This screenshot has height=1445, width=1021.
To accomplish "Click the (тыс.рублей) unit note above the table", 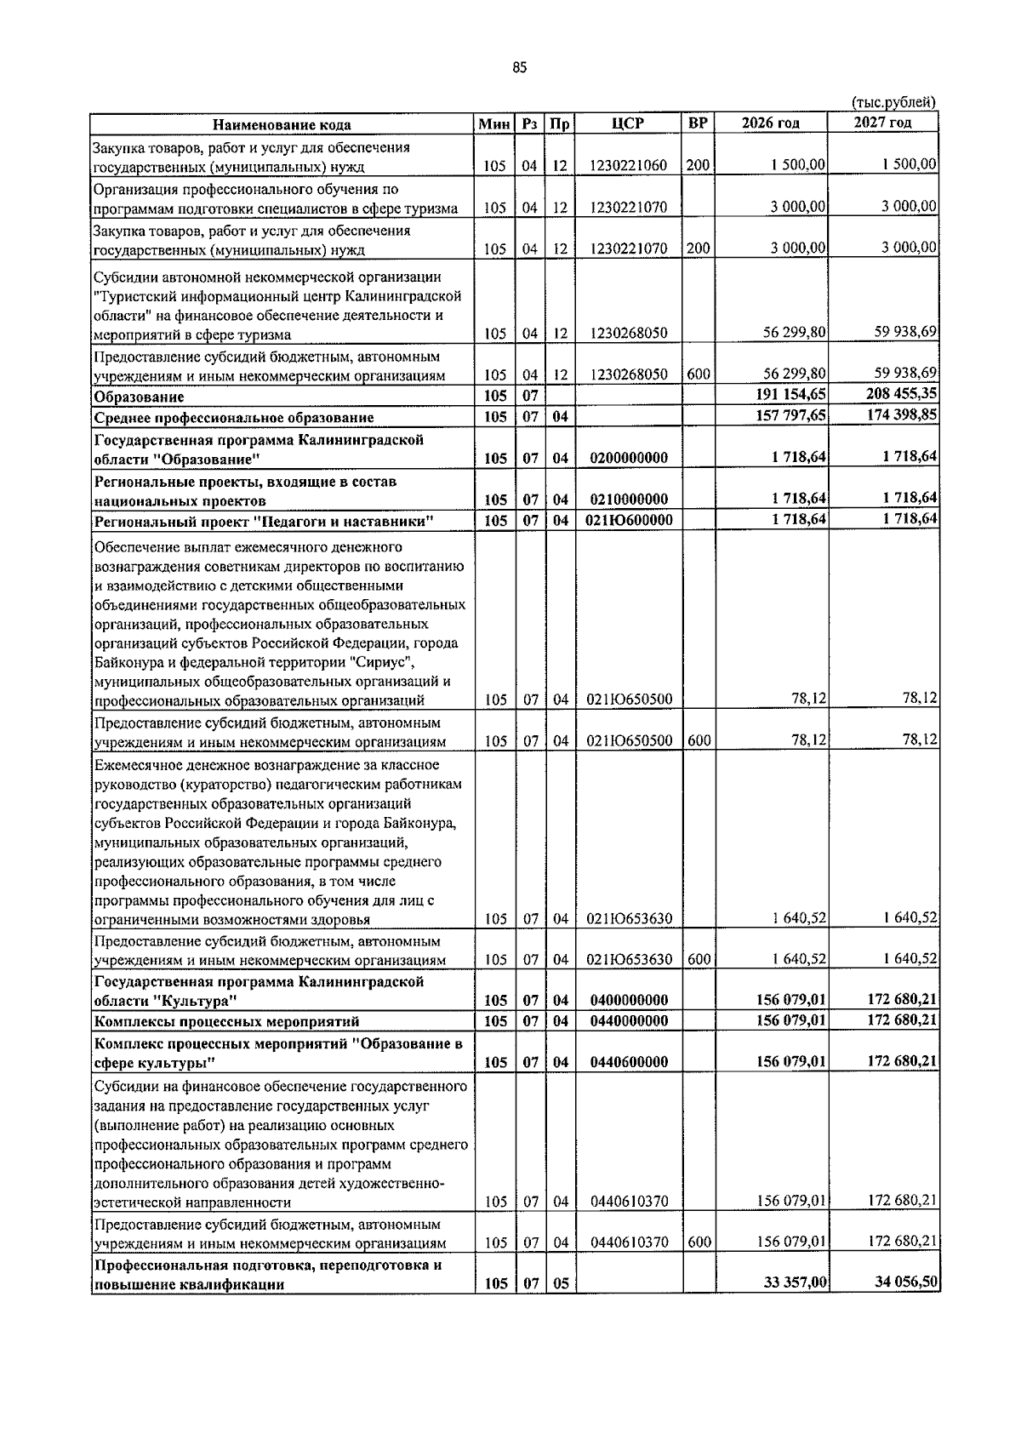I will click(x=893, y=103).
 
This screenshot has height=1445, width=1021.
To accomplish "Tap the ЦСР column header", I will click(x=628, y=123).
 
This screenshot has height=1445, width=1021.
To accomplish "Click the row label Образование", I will click(x=140, y=397).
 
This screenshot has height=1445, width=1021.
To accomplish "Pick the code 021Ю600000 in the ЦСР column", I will click(x=629, y=520).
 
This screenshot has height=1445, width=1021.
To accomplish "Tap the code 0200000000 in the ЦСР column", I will click(x=629, y=458).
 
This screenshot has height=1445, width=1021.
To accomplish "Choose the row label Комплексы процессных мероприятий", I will click(x=226, y=1021).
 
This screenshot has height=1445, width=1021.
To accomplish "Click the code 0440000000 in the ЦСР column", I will click(x=629, y=1021).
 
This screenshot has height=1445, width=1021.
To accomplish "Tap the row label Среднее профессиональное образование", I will click(x=234, y=418).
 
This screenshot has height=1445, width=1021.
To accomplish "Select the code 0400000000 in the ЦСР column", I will click(x=629, y=1001).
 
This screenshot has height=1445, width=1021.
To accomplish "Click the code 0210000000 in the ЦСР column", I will click(x=629, y=500).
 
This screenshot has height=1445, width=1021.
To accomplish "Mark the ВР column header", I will click(x=698, y=123).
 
